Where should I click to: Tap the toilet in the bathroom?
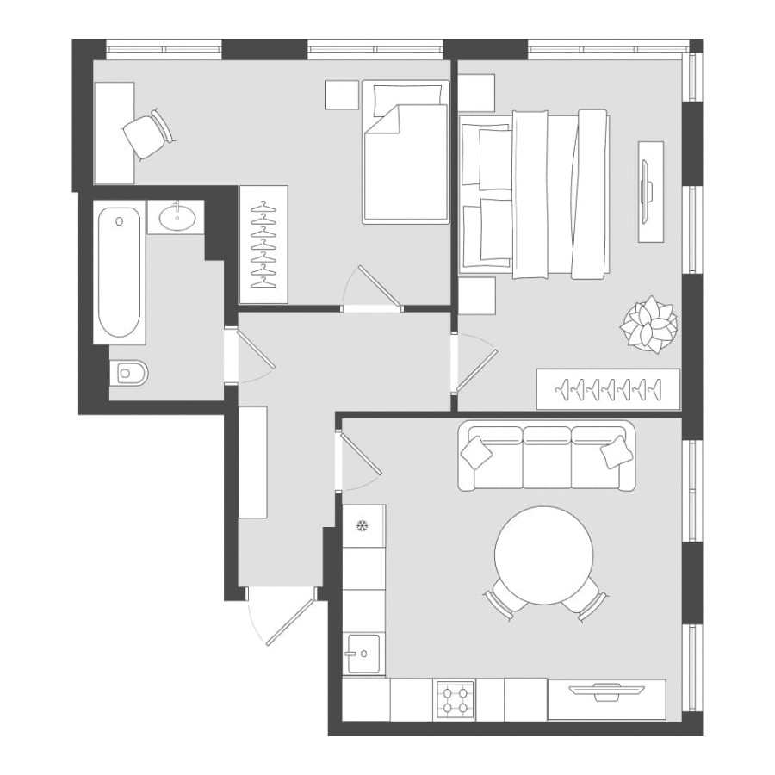point(130,373)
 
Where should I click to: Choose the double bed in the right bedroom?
point(534,194)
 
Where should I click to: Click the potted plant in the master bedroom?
point(650,325)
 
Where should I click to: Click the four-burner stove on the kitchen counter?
point(456,698)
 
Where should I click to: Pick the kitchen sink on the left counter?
point(363,654)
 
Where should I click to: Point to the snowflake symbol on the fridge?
point(363,524)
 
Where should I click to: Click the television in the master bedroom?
point(650,190)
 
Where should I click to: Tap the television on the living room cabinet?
point(607,688)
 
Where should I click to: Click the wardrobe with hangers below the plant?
point(608,389)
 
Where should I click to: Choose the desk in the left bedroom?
point(114,133)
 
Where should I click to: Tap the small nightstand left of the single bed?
point(341,95)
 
